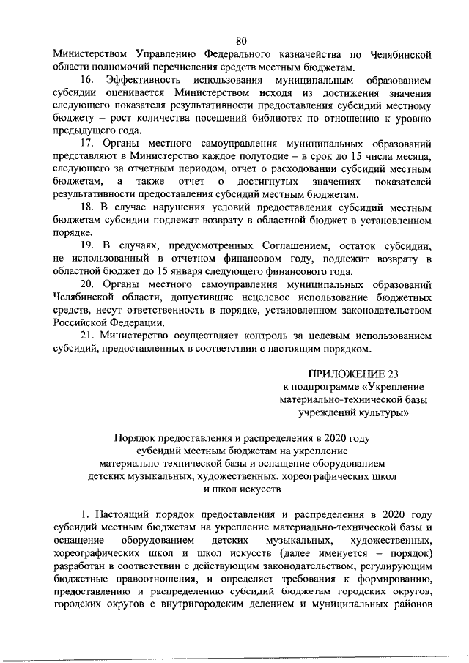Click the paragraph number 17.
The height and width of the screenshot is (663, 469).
coord(89,141)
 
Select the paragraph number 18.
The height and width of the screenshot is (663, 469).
coord(89,208)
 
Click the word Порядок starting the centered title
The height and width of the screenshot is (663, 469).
coord(136,439)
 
